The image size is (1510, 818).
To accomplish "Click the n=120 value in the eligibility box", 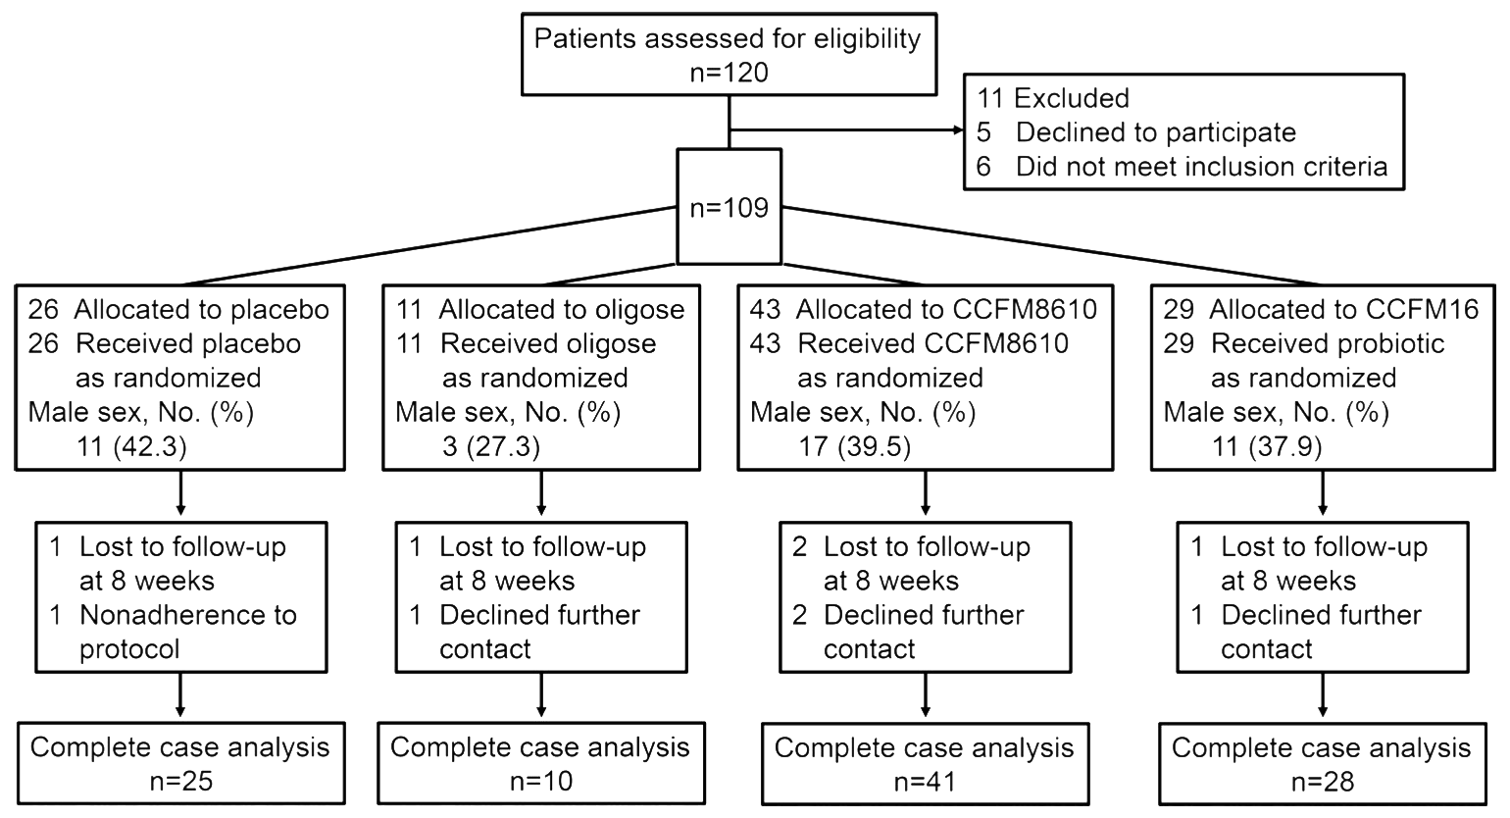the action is (729, 73).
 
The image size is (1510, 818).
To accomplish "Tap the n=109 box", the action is (729, 206).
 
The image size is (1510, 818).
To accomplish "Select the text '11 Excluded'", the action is (1053, 98).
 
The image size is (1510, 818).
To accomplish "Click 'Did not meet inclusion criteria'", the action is (1201, 167).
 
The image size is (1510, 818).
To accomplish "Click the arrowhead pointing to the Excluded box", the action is (958, 129).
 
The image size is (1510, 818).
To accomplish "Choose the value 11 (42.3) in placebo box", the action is (131, 446).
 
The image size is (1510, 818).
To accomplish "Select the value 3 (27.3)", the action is (490, 446).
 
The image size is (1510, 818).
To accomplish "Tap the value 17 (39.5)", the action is (854, 446).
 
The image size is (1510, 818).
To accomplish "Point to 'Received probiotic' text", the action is (1328, 344).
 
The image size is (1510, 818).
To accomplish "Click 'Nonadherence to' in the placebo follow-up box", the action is (188, 615).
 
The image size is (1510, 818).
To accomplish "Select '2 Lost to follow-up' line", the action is (912, 547).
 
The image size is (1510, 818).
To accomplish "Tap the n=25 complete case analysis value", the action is (181, 782).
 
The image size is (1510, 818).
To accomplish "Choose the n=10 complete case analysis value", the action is (541, 782).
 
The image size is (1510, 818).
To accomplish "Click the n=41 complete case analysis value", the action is (925, 782).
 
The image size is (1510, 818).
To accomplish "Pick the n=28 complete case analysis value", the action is (1323, 782).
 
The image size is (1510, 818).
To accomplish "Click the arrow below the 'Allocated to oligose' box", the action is (541, 493).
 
